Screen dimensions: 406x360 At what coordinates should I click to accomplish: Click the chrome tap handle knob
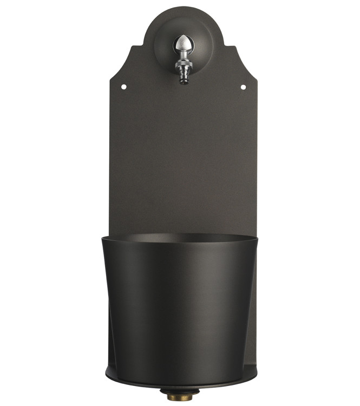(183, 43)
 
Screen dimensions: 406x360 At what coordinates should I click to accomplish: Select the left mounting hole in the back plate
(123, 87)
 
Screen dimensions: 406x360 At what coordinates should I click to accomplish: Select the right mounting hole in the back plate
(243, 87)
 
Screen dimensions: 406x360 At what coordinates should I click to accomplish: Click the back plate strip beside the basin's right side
(253, 325)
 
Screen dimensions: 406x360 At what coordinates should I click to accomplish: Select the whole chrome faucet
(183, 58)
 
